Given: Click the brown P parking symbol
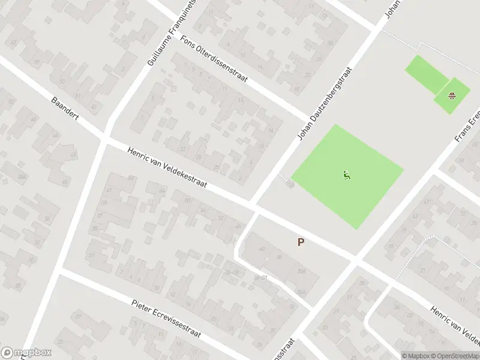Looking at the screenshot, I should [301, 242].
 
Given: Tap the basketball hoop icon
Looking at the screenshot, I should [452, 95].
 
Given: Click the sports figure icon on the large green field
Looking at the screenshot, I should [346, 176].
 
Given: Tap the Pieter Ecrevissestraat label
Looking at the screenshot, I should [166, 316].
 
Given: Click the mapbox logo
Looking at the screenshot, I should [26, 353].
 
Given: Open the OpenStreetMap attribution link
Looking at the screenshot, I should [454, 355].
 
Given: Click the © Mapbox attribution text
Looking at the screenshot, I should [416, 355].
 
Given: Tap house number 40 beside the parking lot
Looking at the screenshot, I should [262, 249].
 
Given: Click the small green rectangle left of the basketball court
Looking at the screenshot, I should [426, 74].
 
